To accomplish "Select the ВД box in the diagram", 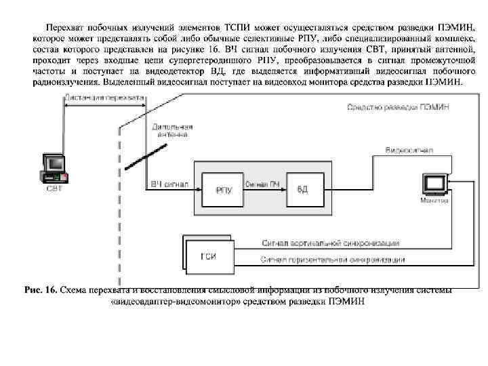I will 302,190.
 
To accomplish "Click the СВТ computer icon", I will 54,167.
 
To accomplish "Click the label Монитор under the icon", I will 434,201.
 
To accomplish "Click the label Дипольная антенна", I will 173,131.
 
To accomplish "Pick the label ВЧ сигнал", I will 166,184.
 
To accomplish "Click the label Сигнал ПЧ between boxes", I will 261,184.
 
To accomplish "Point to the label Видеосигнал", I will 407,149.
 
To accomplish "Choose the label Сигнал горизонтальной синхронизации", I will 333,260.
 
